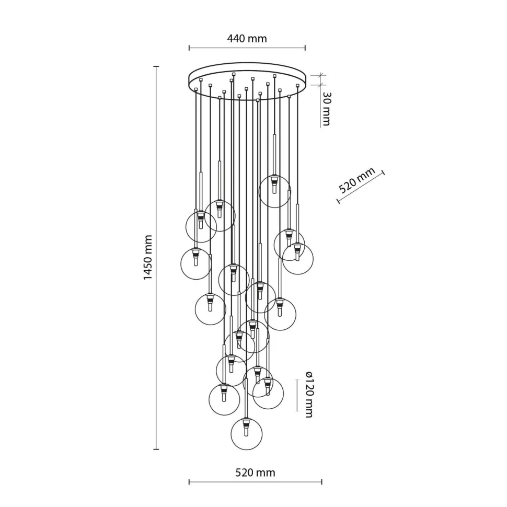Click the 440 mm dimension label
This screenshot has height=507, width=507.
247,39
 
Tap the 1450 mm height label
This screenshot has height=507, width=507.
148,257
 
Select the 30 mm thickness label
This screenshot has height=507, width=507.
326,109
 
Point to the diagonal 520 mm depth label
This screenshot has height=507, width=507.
358,181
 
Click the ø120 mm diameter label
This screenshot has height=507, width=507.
308,394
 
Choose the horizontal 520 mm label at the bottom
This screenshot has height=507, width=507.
255,473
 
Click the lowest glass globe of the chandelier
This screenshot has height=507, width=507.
246,433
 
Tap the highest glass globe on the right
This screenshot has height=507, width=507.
274,191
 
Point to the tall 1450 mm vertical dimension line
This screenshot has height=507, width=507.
156,257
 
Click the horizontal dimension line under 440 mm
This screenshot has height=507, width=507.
247,48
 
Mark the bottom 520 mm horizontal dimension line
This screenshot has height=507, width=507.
255,482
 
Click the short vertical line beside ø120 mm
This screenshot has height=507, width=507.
297,395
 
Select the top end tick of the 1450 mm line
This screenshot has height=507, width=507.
156,66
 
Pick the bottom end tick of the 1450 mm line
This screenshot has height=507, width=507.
156,449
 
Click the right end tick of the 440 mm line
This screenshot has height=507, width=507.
305,48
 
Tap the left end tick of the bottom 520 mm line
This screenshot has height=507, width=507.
189,482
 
